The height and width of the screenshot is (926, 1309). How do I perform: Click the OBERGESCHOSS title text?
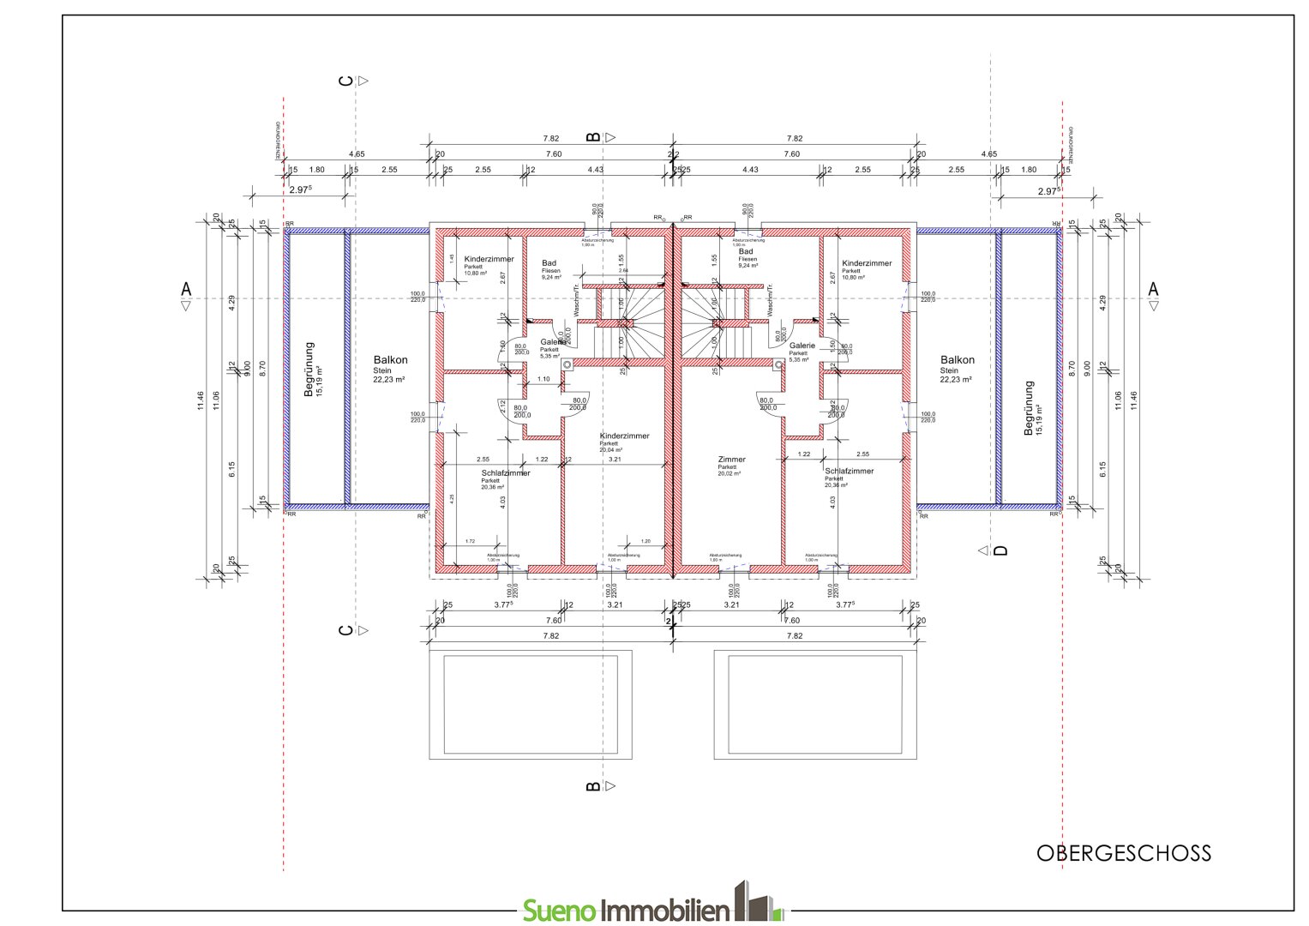1123,853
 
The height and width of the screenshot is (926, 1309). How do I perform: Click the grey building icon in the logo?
757,902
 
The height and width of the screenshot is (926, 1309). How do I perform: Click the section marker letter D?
1000,550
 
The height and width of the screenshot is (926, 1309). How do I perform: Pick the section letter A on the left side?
186,290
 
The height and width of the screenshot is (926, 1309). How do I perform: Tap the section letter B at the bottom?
592,786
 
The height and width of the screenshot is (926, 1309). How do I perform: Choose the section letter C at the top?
346,81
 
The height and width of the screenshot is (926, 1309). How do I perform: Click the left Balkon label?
390,361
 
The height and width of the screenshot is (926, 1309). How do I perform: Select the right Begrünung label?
1029,408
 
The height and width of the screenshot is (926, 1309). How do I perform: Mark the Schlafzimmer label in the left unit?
506,473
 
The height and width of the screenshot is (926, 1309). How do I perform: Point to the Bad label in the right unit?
746,252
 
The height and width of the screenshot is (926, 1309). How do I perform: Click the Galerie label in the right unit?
802,346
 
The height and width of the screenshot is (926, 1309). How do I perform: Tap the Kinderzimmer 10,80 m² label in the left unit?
489,260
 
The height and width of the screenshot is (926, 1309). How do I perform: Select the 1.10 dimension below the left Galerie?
543,379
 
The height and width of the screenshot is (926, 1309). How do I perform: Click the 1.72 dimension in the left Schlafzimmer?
470,541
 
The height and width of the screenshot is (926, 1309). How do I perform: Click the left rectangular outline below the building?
531,705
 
